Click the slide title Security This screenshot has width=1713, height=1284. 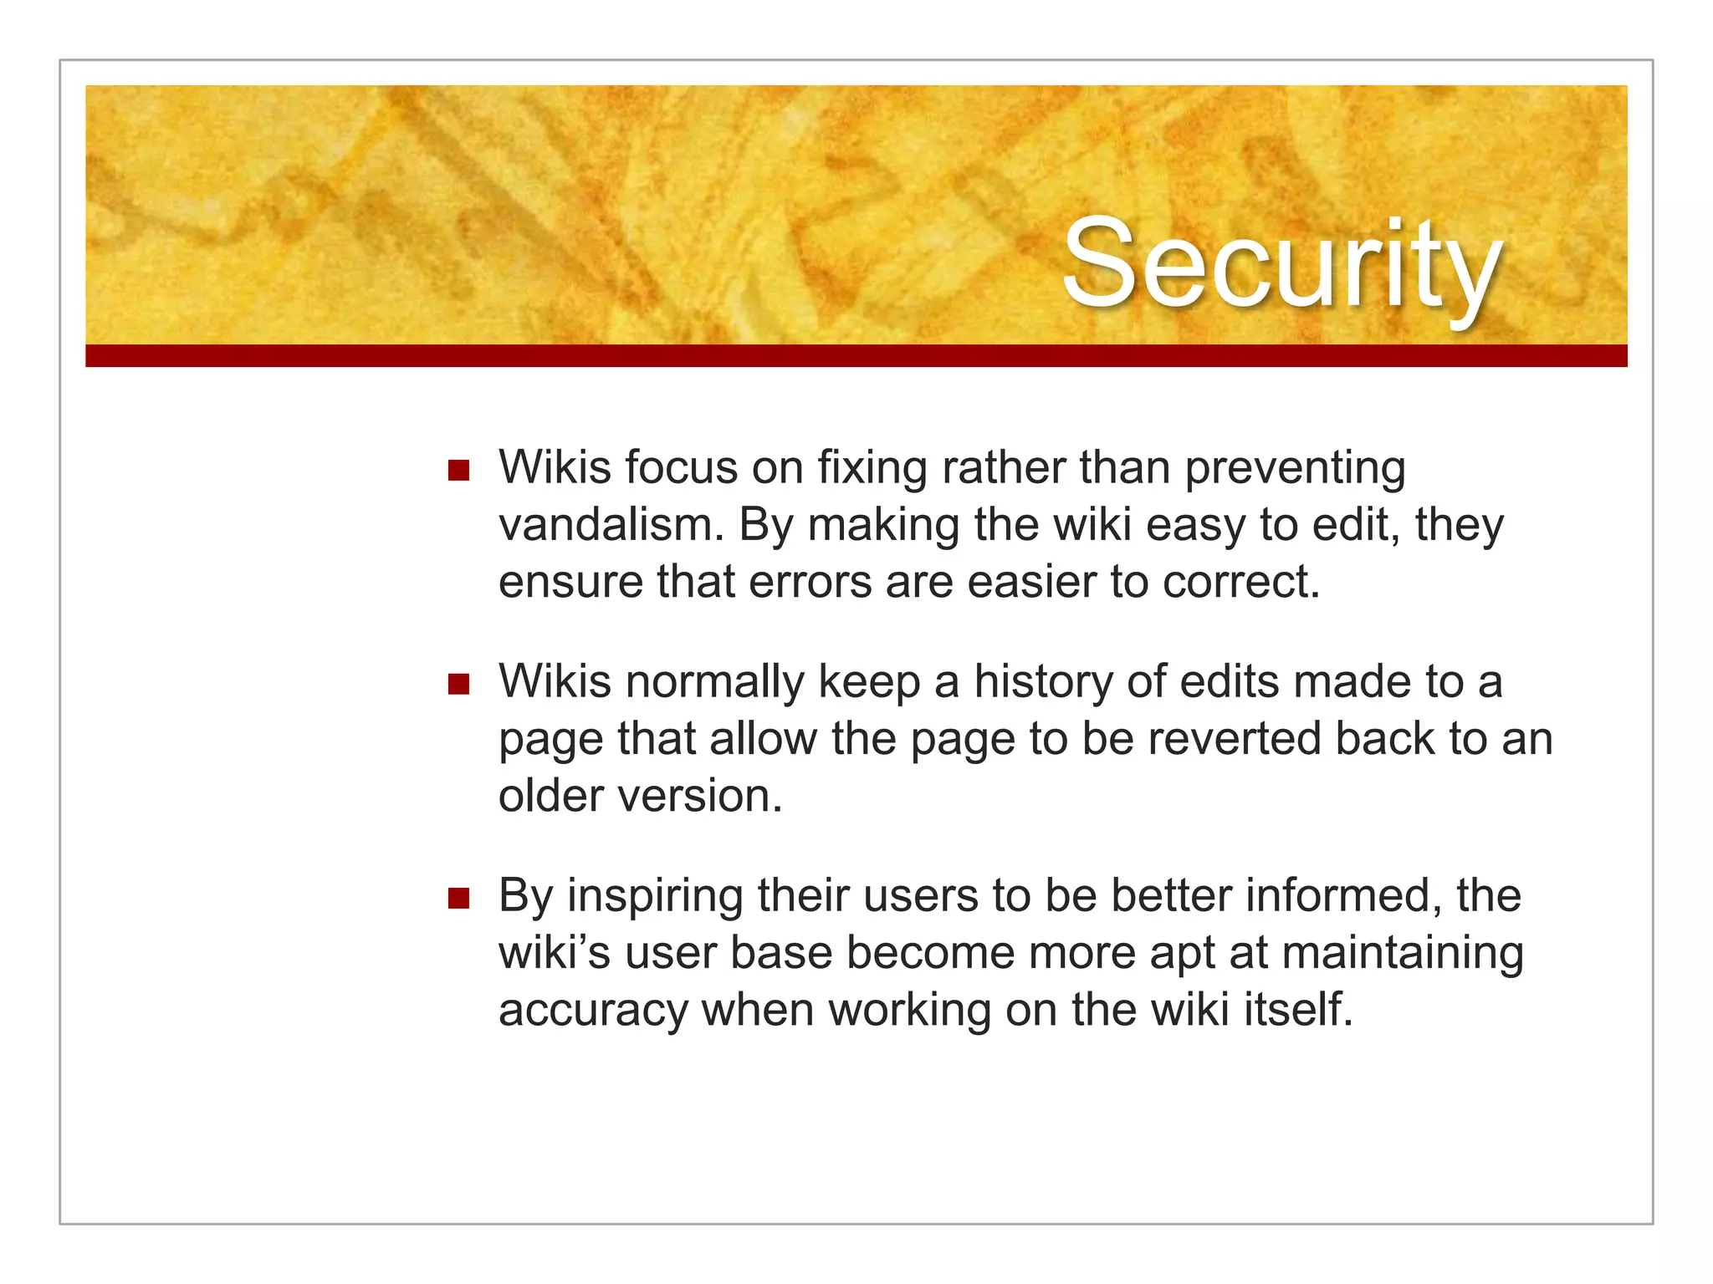click(x=1281, y=264)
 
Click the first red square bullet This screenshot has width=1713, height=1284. click(x=458, y=470)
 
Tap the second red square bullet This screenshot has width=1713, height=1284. click(x=458, y=685)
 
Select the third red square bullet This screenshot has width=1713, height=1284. click(x=458, y=899)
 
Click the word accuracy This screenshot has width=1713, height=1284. click(x=592, y=1011)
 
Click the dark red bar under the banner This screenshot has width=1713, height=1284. click(x=856, y=356)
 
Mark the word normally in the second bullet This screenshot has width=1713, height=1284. click(x=714, y=682)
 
